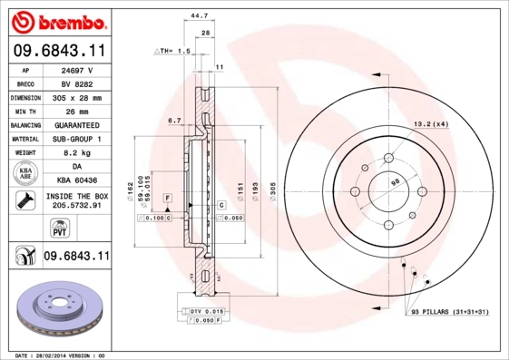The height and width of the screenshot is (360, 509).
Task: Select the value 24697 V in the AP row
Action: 76,68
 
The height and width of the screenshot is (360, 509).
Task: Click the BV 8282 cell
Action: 76,82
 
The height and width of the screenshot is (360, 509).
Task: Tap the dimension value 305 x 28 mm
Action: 76,96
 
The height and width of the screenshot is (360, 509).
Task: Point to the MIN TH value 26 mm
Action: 76,110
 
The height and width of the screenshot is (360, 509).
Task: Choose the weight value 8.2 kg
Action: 76,152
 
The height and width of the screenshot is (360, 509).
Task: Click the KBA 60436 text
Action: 76,180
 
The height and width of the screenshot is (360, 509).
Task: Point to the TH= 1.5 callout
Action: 171,52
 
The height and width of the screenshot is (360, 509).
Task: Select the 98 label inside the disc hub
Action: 395,182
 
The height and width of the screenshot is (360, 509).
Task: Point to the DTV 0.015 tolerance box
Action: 207,311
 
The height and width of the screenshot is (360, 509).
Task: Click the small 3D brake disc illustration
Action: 54,313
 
